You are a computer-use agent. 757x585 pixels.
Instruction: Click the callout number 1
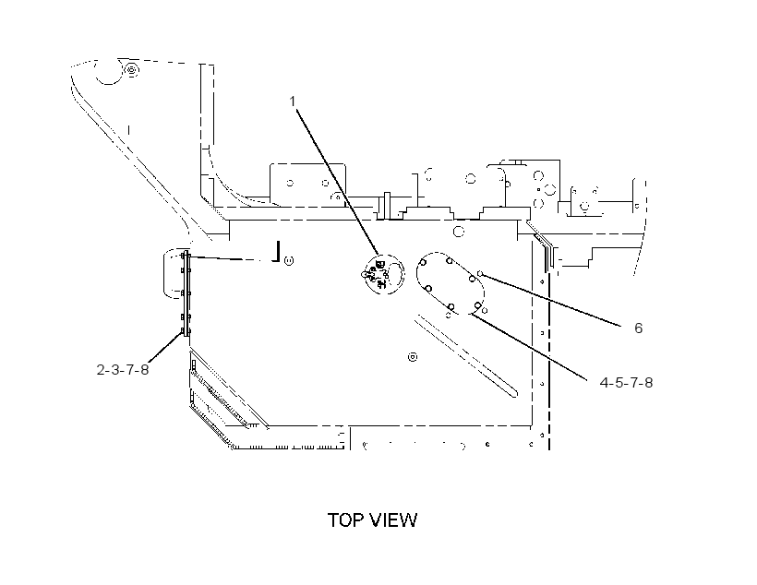[x=292, y=101]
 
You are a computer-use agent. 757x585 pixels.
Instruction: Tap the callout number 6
[x=638, y=328]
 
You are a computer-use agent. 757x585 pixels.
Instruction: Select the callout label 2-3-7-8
[x=123, y=370]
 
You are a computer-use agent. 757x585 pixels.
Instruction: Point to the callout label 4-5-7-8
[x=626, y=383]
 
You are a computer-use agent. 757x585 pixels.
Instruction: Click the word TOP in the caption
[x=346, y=520]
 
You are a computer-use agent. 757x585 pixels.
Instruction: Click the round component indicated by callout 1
[x=384, y=274]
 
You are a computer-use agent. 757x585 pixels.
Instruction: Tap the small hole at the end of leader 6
[x=480, y=274]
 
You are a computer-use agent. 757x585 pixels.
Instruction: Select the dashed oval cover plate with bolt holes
[x=450, y=285]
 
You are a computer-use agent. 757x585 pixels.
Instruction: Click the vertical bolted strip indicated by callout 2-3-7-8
[x=186, y=294]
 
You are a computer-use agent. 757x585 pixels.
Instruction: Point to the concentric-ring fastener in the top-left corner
[x=131, y=70]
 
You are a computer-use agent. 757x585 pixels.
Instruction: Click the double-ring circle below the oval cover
[x=413, y=357]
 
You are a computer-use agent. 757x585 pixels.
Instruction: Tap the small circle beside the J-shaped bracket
[x=289, y=261]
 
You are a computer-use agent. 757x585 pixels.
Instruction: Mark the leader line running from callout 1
[x=338, y=183]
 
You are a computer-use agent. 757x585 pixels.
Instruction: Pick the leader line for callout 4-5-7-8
[x=529, y=347]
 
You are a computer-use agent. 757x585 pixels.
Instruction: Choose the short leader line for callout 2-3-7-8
[x=165, y=347]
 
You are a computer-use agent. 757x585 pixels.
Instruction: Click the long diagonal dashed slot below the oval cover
[x=466, y=356]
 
